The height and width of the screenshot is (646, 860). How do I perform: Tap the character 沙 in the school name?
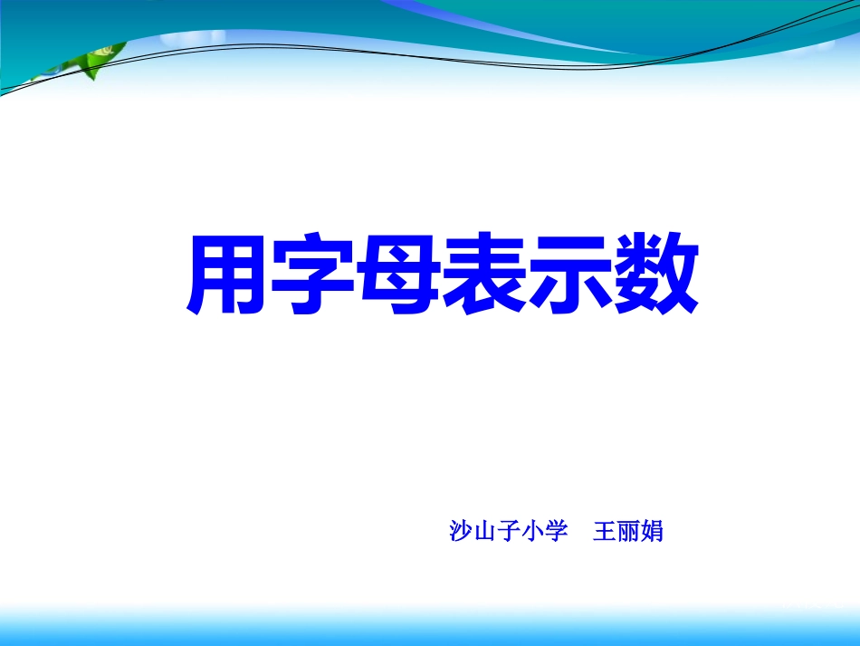(461, 532)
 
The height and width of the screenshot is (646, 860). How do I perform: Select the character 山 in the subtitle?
(484, 532)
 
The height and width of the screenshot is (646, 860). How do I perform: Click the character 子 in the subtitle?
(508, 532)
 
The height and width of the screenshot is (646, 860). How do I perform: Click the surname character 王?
(604, 532)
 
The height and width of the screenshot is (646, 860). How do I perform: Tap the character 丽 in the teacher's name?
(627, 532)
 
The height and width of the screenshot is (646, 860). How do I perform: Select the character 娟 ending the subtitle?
(652, 532)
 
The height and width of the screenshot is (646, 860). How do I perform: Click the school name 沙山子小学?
(508, 532)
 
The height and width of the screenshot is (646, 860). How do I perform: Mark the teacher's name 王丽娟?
(627, 532)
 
